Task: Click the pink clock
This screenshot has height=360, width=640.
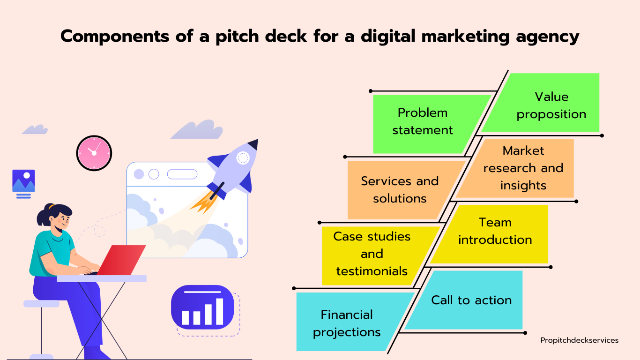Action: pyautogui.click(x=94, y=153)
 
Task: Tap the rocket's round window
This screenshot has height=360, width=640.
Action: pyautogui.click(x=243, y=158)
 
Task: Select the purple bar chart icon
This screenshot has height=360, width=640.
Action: pyautogui.click(x=202, y=307)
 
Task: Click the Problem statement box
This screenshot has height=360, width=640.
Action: pyautogui.click(x=423, y=124)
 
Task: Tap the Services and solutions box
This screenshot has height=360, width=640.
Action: pyautogui.click(x=400, y=190)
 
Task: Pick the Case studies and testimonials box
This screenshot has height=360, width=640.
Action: pyautogui.click(x=374, y=255)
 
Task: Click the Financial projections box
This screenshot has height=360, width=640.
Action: pyautogui.click(x=349, y=322)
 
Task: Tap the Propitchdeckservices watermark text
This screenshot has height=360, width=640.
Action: pyautogui.click(x=580, y=340)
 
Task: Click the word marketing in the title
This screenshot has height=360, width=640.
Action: pyautogui.click(x=466, y=37)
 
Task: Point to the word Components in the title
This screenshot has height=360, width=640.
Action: pyautogui.click(x=115, y=37)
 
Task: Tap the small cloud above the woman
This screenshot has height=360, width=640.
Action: pyautogui.click(x=35, y=129)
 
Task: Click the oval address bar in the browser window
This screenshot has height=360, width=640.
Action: pyautogui.click(x=182, y=174)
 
